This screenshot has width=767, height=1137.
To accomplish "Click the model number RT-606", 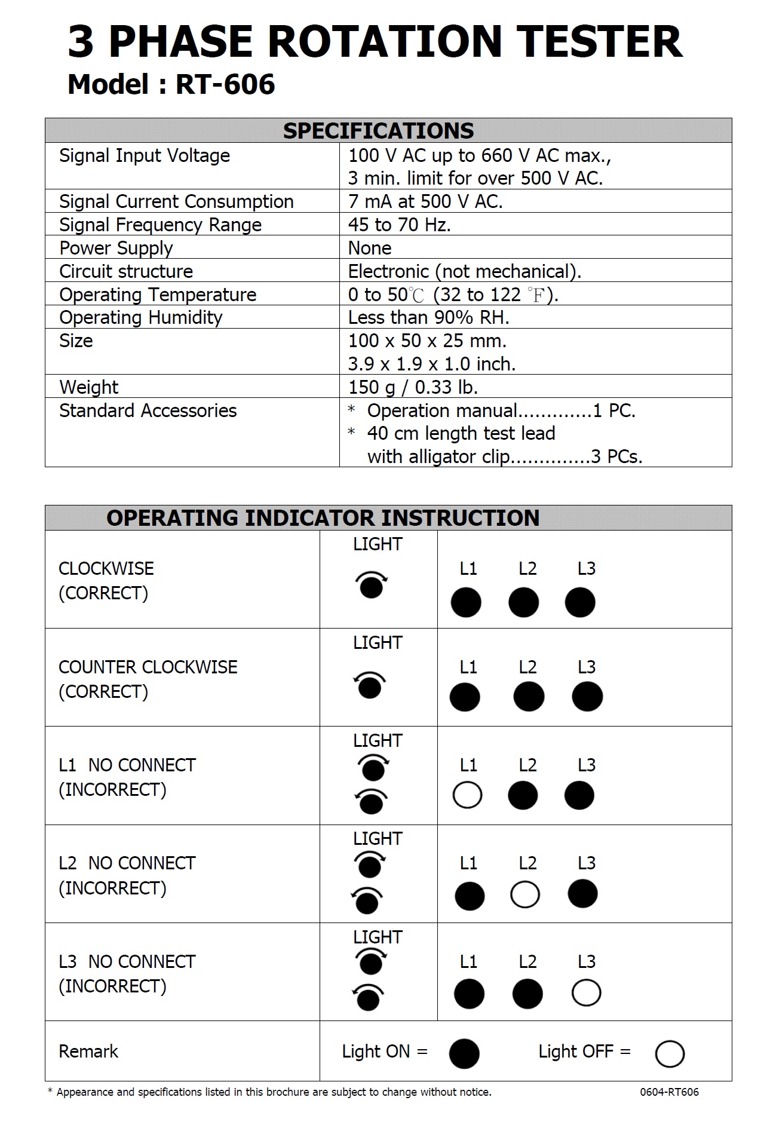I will tap(225, 85).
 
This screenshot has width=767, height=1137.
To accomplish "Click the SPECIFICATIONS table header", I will tap(378, 131).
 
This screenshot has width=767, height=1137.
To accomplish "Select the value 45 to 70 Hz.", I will tap(399, 225).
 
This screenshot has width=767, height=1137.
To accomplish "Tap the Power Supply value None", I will tap(370, 248).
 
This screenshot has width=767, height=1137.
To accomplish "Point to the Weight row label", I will tap(89, 387).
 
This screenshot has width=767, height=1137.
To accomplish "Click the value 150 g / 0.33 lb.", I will tap(413, 387).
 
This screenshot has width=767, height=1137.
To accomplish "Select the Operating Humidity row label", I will tap(141, 317).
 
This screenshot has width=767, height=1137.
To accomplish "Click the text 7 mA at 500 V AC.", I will tap(425, 201).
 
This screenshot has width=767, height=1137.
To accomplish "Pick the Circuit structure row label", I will tap(126, 271).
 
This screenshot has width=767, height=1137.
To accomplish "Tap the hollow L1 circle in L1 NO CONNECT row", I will tap(467, 795).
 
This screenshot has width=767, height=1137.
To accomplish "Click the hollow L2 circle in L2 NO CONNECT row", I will tap(525, 895).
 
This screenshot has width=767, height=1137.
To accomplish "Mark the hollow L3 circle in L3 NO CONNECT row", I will tap(586, 993).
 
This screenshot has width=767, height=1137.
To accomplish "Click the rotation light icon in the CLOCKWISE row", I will tap(372, 585).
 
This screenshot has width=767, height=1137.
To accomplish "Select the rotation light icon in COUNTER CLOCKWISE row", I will tap(370, 685).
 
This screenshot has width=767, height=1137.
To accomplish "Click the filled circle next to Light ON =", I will tap(464, 1053).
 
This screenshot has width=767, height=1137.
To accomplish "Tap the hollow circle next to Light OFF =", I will tap(670, 1054).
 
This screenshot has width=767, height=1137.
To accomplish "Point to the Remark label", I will tap(88, 1052).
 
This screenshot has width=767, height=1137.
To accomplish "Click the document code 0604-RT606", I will tap(669, 1092).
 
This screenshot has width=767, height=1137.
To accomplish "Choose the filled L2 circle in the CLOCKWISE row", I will tap(523, 602).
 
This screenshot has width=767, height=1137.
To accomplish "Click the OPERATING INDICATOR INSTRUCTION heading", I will tap(323, 518).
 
